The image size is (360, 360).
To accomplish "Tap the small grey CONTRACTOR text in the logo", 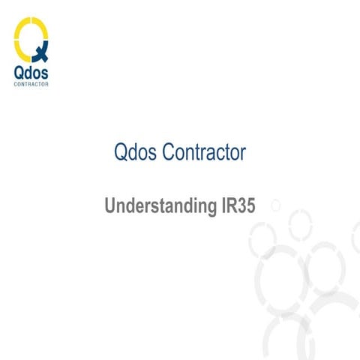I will (x=31, y=85).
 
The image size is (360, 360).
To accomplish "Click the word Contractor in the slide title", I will (x=208, y=153).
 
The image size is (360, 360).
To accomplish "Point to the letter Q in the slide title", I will (x=121, y=153).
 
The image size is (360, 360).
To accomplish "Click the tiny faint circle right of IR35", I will (x=275, y=204).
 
